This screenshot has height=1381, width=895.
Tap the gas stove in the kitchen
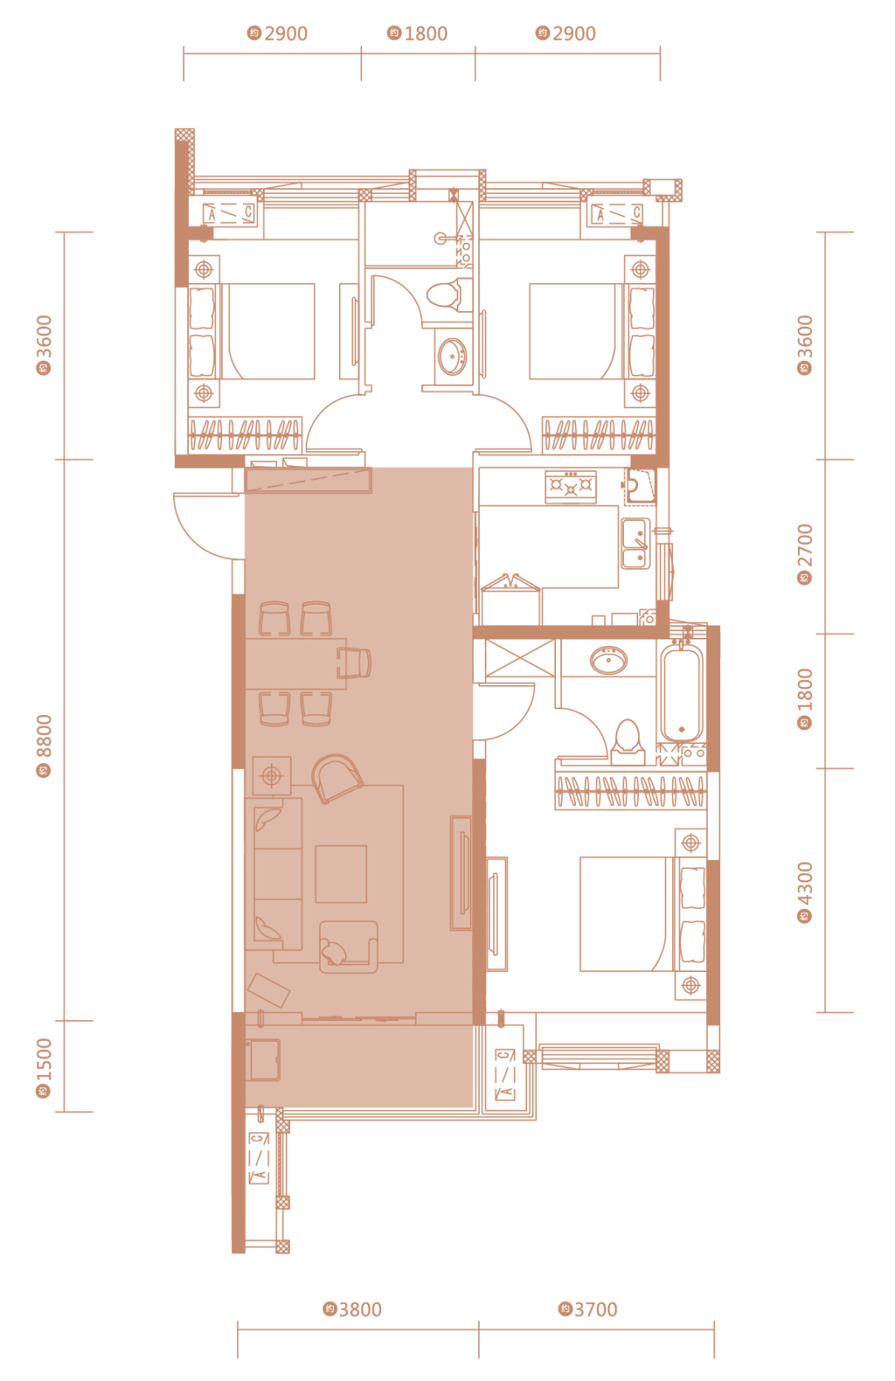(571, 487)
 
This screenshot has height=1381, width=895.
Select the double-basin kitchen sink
(636, 543)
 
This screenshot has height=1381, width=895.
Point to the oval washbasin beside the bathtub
(608, 659)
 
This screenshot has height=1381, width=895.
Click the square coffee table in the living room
(341, 873)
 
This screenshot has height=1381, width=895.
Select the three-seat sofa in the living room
(278, 873)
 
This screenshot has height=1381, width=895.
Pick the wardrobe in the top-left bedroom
(245, 435)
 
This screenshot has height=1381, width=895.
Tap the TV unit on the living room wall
(462, 873)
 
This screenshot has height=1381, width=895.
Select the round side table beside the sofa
(272, 776)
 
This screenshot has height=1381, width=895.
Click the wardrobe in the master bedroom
(630, 791)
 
